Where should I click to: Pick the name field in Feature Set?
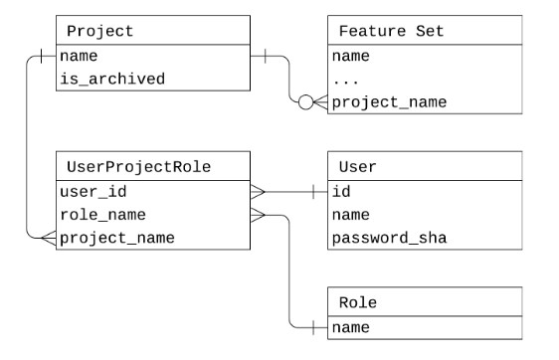[350, 57]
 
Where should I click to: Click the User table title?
[357, 165]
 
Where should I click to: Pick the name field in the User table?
[350, 214]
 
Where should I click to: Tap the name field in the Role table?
[350, 325]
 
